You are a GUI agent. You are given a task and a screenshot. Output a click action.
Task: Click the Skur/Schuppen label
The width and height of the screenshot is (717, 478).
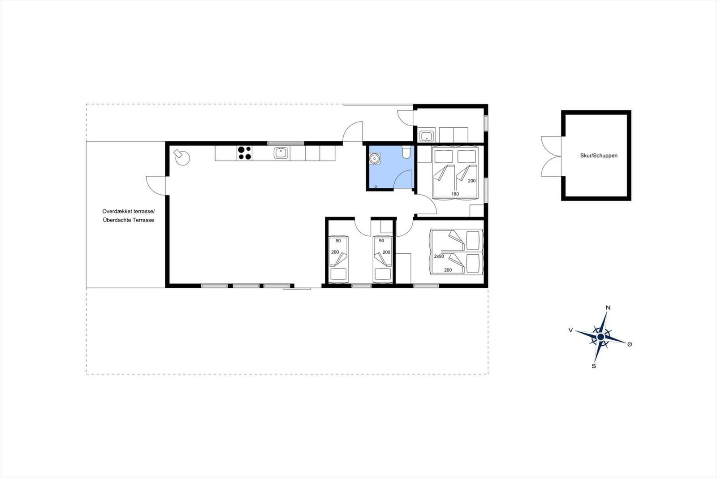[599, 156]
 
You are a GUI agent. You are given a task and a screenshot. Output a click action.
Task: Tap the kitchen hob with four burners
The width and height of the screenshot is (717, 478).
[245, 153]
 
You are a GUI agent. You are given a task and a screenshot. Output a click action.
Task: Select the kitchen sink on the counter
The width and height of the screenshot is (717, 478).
[281, 153]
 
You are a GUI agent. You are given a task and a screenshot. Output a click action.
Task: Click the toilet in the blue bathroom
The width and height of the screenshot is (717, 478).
[406, 152]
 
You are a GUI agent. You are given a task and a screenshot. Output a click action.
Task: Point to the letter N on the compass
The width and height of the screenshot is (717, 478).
[608, 308]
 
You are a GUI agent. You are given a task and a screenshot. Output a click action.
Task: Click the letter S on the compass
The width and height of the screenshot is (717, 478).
[593, 366]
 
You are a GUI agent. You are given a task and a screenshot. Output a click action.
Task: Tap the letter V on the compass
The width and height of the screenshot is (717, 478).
[570, 330]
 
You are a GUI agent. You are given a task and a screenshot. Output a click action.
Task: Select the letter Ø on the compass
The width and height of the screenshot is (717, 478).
[629, 344]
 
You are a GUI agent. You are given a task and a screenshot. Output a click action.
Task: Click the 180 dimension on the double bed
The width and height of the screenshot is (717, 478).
[455, 194]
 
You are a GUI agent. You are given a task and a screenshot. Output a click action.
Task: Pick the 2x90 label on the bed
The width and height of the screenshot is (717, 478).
[439, 256]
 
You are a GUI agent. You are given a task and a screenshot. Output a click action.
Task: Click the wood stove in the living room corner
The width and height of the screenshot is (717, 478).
[182, 157]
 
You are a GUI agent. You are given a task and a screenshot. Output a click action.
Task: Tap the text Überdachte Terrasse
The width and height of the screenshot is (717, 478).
[128, 220]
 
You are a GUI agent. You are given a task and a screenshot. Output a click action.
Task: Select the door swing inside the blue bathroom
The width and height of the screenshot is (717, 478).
[403, 179]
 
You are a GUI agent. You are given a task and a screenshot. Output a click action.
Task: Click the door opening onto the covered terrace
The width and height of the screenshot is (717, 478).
[156, 186]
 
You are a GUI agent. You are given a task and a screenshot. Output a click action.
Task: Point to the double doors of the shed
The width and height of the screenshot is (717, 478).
[551, 156]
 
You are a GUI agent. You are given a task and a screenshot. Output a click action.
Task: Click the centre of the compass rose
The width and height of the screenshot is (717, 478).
[600, 337]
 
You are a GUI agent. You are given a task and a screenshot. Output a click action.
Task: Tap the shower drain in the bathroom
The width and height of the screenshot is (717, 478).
[376, 187]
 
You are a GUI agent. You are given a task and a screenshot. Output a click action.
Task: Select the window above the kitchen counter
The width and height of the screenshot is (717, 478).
[285, 143]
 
